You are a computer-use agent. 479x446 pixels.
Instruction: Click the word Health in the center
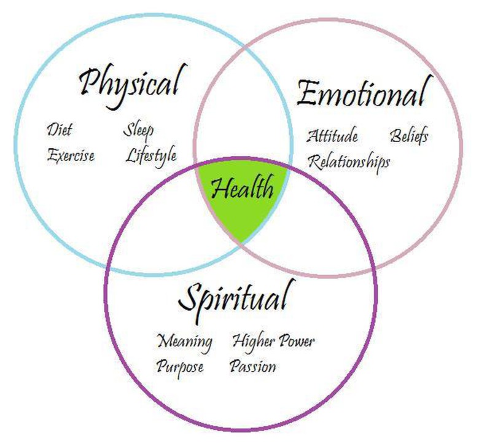(242, 187)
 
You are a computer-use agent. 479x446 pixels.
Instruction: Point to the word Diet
(60, 129)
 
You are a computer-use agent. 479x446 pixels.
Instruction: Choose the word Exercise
(71, 155)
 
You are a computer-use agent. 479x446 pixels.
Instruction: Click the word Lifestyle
(151, 156)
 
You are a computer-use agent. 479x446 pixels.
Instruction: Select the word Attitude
(332, 136)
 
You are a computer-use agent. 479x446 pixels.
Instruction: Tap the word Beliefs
(409, 136)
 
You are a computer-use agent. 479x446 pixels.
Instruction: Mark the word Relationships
(349, 162)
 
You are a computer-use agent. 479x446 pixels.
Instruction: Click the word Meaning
(184, 342)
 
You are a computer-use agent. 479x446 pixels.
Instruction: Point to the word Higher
(254, 342)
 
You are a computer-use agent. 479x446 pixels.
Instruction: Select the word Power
(297, 341)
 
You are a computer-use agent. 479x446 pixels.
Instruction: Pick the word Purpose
(180, 367)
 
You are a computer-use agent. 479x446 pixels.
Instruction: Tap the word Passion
(253, 366)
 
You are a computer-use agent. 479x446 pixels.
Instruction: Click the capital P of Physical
(91, 82)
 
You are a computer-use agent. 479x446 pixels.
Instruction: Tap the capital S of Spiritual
(190, 298)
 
